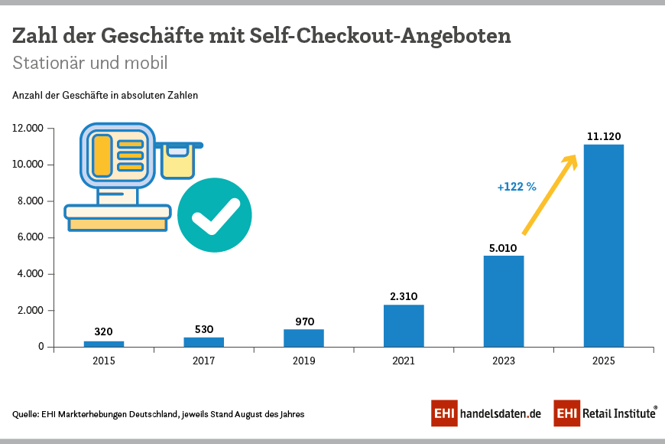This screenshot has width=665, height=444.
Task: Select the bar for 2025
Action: click(603, 245)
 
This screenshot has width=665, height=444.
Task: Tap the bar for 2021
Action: click(404, 325)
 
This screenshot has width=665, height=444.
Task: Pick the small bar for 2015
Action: click(104, 344)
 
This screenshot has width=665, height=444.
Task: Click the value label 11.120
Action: click(603, 136)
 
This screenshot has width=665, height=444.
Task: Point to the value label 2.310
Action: click(404, 296)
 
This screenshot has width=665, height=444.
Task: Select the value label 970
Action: click(303, 322)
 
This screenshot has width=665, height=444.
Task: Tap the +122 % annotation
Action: click(517, 186)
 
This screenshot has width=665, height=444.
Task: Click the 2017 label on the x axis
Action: click(203, 361)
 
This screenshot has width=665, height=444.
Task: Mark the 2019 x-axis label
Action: click(303, 361)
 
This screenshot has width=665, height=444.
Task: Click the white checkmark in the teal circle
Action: click(215, 217)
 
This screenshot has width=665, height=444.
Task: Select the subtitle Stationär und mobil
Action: click(89, 63)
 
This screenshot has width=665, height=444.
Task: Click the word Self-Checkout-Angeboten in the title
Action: click(380, 36)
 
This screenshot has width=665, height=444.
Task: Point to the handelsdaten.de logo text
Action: click(501, 413)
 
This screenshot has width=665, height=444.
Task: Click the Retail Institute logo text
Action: click(619, 413)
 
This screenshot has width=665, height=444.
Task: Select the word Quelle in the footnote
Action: click(27, 414)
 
